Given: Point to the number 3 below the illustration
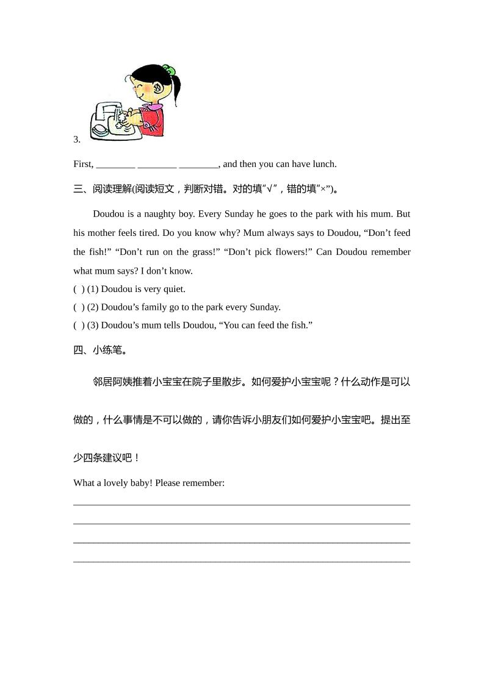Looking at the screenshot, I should click(76, 140).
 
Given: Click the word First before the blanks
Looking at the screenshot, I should click(83, 164).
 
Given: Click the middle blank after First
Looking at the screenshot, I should click(157, 164).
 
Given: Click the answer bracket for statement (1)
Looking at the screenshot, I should click(79, 289).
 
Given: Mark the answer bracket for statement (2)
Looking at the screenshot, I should click(79, 307).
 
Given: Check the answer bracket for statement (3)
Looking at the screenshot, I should click(79, 326).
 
